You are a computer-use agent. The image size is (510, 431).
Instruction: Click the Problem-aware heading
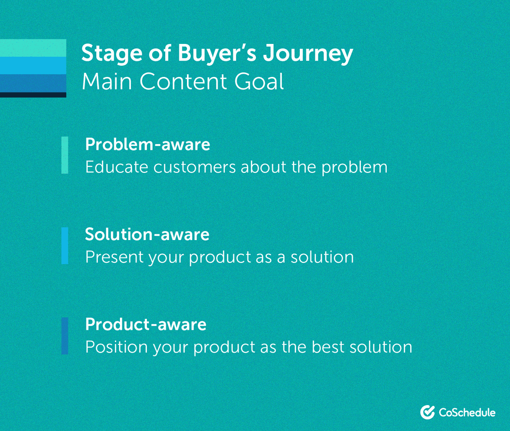pyautogui.click(x=147, y=144)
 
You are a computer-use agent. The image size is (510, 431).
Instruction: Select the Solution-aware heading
pyautogui.click(x=147, y=234)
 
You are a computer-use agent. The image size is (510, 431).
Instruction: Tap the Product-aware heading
pyautogui.click(x=145, y=325)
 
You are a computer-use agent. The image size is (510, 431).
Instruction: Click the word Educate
pyautogui.click(x=112, y=167)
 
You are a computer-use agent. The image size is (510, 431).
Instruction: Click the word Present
pyautogui.click(x=114, y=258)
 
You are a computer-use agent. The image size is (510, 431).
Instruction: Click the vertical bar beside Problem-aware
pyautogui.click(x=65, y=155)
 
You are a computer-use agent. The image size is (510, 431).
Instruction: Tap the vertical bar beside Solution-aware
pyautogui.click(x=65, y=246)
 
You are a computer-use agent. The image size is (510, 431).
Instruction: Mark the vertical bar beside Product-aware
pyautogui.click(x=65, y=336)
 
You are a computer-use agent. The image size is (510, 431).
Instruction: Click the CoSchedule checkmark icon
pyautogui.click(x=427, y=412)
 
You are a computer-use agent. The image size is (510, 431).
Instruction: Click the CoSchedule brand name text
pyautogui.click(x=467, y=413)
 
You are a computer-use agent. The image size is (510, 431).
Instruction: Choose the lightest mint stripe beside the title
pyautogui.click(x=33, y=48)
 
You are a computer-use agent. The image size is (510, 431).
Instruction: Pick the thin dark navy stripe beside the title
pyautogui.click(x=33, y=95)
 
